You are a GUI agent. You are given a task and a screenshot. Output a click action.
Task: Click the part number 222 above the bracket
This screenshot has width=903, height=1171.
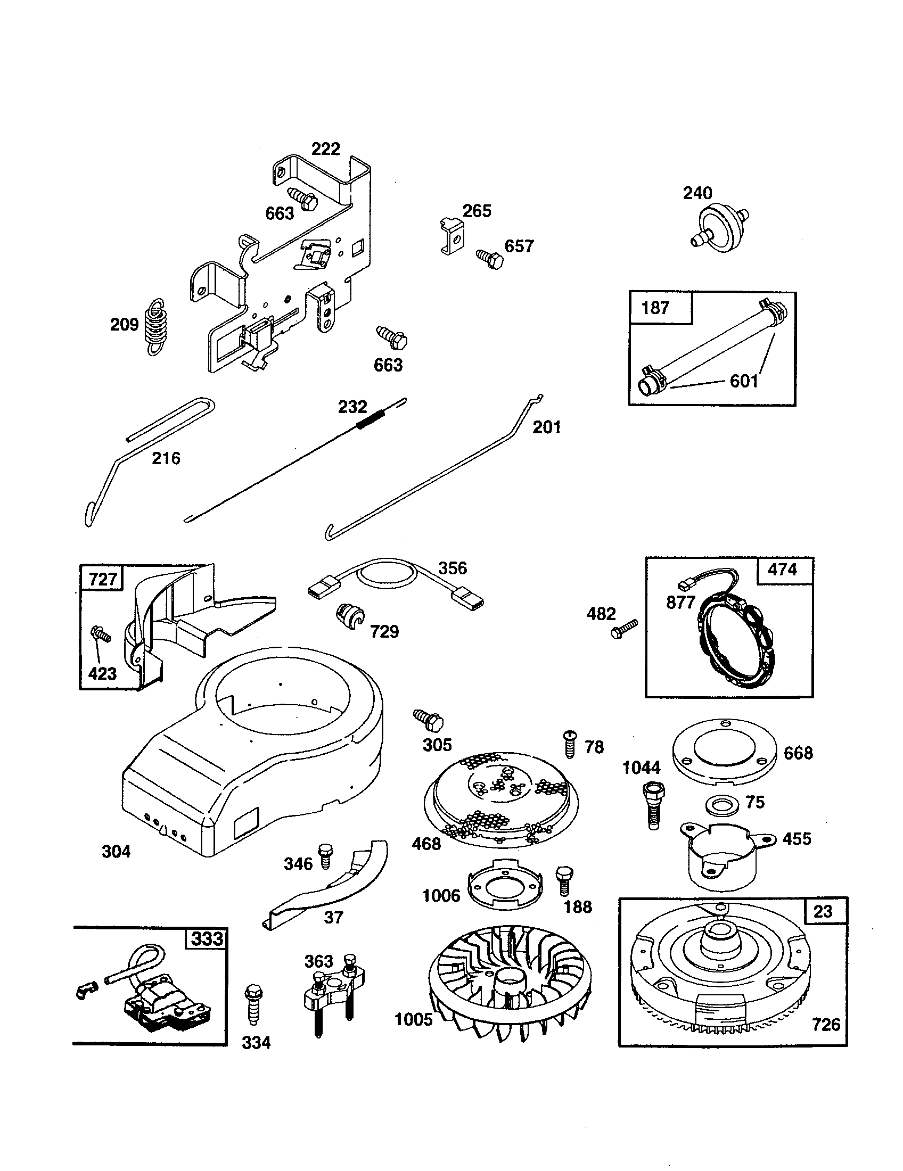coord(325,149)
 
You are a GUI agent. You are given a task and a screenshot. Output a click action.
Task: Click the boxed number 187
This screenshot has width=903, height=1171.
coord(655,308)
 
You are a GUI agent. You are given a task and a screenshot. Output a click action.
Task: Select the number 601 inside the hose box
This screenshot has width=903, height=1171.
coord(744,381)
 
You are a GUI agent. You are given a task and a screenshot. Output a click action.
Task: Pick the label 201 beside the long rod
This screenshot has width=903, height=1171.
coord(546,427)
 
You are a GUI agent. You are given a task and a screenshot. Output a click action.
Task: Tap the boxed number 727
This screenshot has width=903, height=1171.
coord(102,580)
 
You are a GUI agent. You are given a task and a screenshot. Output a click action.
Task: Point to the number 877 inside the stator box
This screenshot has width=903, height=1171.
coord(680,603)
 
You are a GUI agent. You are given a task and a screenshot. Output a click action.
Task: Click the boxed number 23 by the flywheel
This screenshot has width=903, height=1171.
coord(823,911)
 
